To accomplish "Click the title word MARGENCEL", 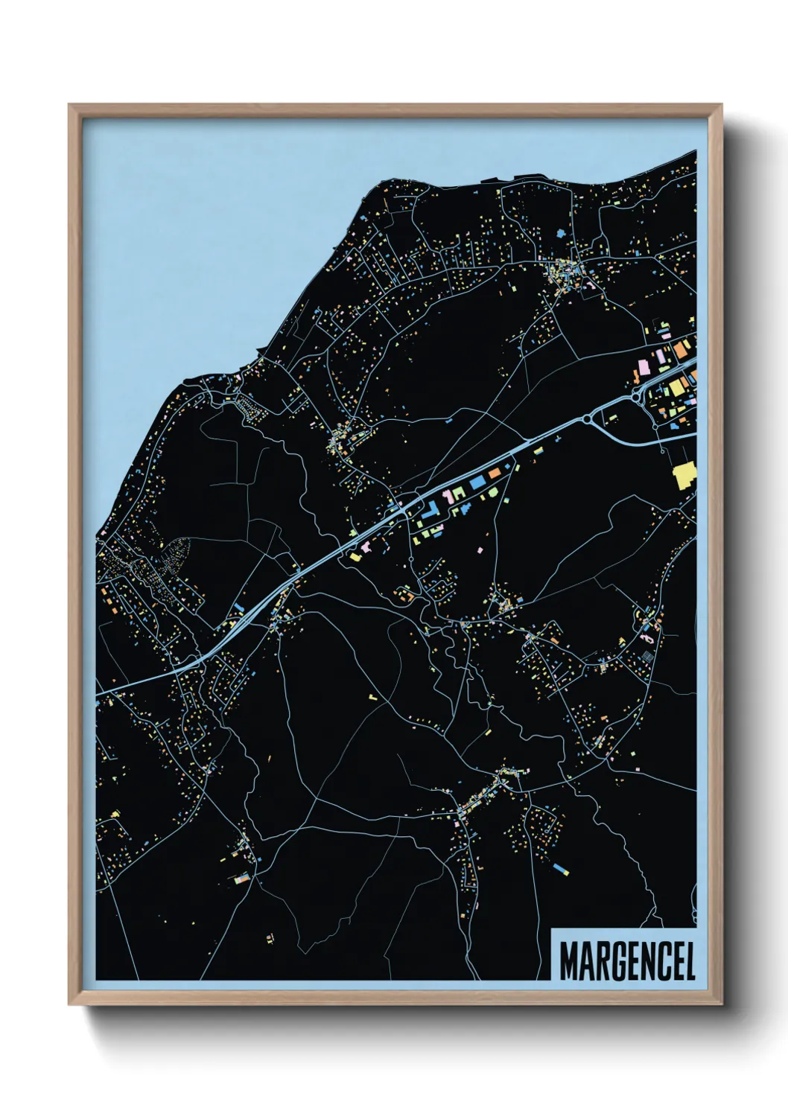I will click(627, 961).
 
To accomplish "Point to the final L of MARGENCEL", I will click(689, 961).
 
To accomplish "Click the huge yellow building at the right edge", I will click(684, 474).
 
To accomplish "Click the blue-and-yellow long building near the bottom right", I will click(562, 868).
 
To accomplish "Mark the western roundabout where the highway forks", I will click(588, 420).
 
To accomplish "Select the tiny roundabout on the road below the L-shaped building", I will click(410, 558).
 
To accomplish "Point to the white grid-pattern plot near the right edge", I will click(647, 656).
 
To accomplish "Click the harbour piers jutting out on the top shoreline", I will click(514, 179).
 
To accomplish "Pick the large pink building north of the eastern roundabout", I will click(643, 367).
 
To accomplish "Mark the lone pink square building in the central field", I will click(480, 550).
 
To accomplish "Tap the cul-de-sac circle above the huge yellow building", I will click(662, 449).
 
